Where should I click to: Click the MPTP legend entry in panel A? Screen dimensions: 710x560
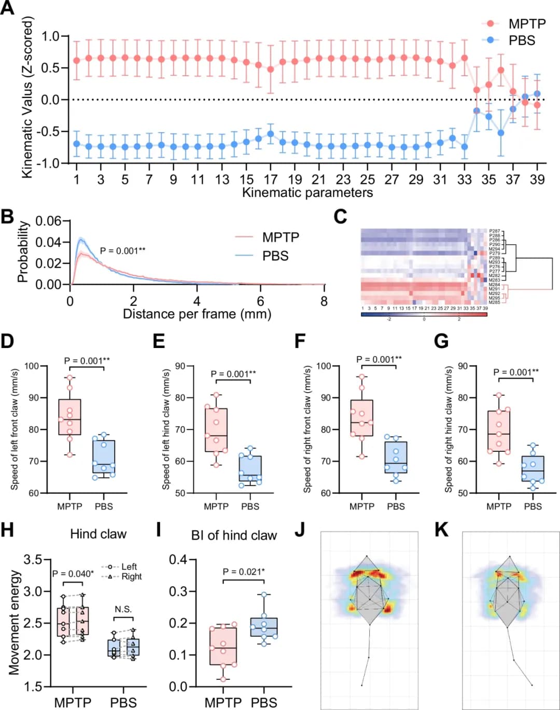click(x=526, y=24)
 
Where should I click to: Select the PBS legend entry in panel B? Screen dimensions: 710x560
click(x=275, y=256)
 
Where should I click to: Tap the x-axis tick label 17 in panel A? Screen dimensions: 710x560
click(x=271, y=179)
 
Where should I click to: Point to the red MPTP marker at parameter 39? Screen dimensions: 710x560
click(x=537, y=105)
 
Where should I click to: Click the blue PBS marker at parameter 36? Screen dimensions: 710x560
click(x=501, y=133)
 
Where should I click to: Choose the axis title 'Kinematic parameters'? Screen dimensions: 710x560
click(x=307, y=193)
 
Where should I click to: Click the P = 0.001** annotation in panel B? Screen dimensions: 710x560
click(x=122, y=251)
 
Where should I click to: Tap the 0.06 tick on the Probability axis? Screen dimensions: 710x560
click(x=48, y=221)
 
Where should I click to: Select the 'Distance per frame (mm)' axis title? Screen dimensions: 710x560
click(x=197, y=314)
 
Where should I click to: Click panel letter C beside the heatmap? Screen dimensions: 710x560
click(x=340, y=216)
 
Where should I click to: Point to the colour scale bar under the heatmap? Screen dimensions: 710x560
click(x=424, y=314)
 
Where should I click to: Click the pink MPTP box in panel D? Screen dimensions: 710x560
click(x=69, y=417)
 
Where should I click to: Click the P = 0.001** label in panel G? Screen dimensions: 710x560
click(x=516, y=372)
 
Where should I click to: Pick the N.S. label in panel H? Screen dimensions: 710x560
click(x=123, y=609)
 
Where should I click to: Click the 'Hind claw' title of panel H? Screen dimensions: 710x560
click(x=98, y=534)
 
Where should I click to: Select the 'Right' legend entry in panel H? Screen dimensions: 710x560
click(x=131, y=576)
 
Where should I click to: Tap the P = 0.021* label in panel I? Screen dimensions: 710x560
click(x=243, y=572)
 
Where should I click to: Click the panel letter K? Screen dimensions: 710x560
click(x=441, y=531)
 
